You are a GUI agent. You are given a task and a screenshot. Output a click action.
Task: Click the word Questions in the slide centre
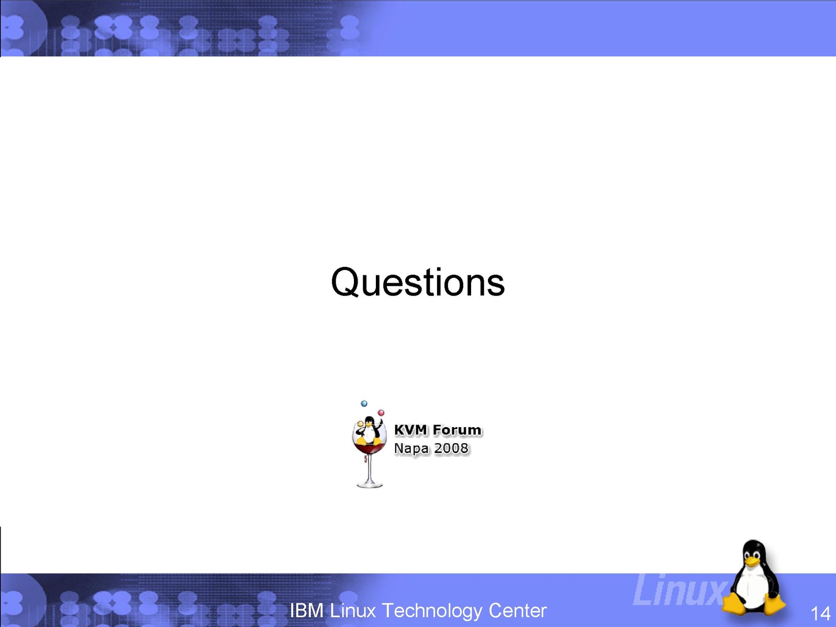(418, 282)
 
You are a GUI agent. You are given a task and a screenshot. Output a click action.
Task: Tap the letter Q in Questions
(345, 282)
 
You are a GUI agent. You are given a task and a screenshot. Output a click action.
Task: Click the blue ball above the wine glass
(364, 404)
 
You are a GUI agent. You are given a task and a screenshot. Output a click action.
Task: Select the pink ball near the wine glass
(381, 412)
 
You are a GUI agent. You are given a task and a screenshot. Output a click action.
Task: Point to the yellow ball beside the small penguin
(360, 424)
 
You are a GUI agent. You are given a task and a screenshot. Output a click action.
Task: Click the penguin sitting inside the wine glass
(369, 431)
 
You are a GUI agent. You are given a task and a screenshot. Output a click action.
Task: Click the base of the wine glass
(370, 485)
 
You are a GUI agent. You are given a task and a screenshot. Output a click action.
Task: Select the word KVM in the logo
(410, 430)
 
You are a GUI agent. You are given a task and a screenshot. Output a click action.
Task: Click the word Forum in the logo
(457, 430)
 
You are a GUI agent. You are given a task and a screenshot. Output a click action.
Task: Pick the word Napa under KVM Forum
(411, 449)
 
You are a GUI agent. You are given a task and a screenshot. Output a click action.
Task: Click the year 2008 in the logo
(451, 448)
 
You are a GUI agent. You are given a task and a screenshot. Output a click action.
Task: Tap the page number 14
(820, 613)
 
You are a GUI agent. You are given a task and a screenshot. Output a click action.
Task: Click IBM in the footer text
(307, 611)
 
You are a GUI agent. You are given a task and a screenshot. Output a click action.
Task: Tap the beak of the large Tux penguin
(751, 561)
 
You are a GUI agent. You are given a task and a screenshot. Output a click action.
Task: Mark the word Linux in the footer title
(353, 611)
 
